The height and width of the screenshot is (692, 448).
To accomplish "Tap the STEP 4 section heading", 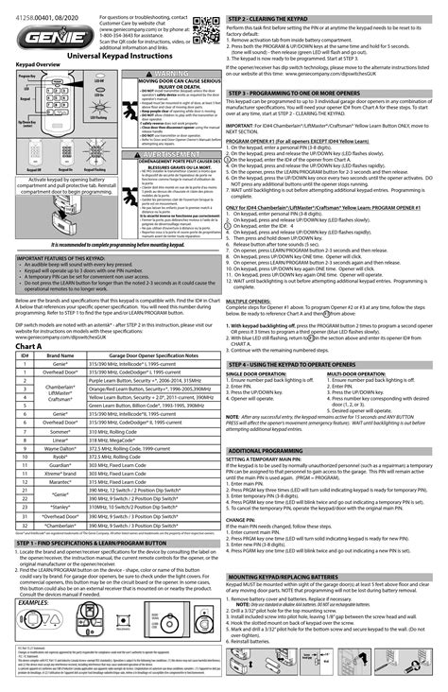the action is pyautogui.click(x=304, y=337).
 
